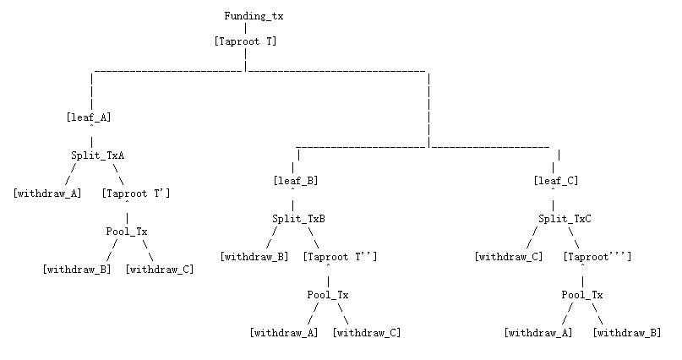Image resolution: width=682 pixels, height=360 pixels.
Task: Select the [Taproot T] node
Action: point(245,41)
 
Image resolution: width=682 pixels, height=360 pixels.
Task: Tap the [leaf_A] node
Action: point(89,117)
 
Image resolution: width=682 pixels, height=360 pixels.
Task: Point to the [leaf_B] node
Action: point(295,181)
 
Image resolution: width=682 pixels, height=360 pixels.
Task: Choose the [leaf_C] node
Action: point(555,181)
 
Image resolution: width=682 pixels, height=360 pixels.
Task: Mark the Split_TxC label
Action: point(565,219)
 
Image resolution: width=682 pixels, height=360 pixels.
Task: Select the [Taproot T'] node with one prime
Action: point(135,194)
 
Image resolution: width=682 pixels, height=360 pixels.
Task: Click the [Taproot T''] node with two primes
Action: point(340,257)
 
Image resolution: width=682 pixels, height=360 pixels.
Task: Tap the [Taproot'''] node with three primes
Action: point(597,257)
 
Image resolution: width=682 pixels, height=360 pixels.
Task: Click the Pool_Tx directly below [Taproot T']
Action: point(127,232)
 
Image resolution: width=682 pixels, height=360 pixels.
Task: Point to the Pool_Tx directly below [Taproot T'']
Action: point(328,295)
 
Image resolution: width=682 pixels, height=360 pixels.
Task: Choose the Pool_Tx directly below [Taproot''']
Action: point(582,295)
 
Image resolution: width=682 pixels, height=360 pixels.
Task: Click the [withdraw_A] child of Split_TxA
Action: point(47,194)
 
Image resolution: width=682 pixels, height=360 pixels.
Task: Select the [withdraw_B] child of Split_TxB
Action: point(254,257)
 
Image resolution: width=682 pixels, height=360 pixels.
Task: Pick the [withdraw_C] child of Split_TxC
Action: point(509,257)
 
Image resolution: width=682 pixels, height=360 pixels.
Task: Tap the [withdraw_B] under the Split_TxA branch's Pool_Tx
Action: point(77,270)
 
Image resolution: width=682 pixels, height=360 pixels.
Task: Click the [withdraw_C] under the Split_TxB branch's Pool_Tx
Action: point(367,333)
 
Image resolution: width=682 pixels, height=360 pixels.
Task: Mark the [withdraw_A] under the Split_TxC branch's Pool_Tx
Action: point(538,333)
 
